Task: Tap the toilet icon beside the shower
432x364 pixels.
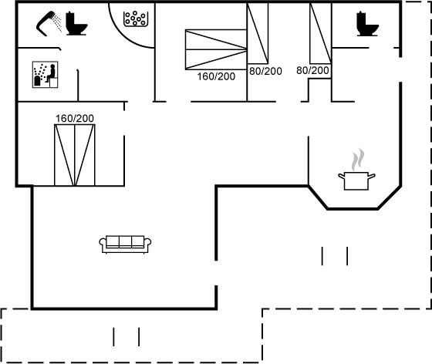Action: (x=76, y=23)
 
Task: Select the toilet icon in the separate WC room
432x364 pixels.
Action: (x=367, y=24)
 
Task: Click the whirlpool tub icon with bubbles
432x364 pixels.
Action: (x=136, y=19)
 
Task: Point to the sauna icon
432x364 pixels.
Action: (x=46, y=75)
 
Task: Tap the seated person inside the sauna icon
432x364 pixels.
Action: (x=51, y=73)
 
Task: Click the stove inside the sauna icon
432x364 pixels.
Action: (x=37, y=81)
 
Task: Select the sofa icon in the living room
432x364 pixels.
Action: (x=125, y=244)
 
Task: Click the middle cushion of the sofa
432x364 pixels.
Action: (x=125, y=241)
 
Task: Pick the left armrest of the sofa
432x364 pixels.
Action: (x=103, y=244)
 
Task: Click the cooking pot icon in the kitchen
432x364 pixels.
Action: (x=356, y=181)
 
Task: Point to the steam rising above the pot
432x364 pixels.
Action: (x=358, y=159)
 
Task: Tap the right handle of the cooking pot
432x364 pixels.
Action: (x=372, y=176)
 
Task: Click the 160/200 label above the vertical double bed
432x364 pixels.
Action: (x=75, y=119)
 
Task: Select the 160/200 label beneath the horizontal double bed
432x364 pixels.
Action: (x=216, y=76)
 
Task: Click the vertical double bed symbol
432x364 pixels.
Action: (x=75, y=155)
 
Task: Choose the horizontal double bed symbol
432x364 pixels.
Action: (x=216, y=49)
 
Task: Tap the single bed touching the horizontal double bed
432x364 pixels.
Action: (x=258, y=33)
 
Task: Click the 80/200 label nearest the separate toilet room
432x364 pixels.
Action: (x=312, y=70)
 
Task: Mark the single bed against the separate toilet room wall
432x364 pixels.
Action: (x=320, y=33)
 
